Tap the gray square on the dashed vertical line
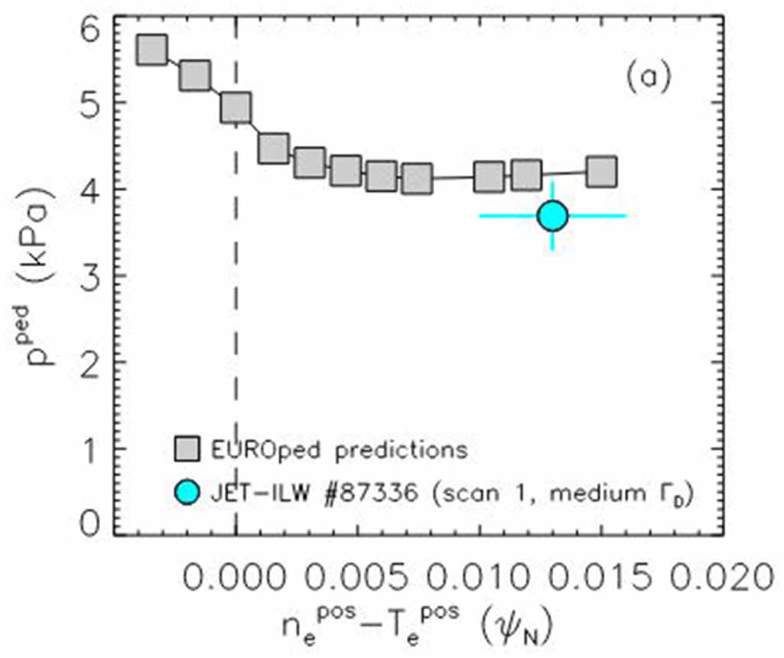236,109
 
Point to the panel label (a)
647,77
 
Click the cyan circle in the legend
187,493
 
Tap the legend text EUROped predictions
337,449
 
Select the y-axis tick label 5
89,105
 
